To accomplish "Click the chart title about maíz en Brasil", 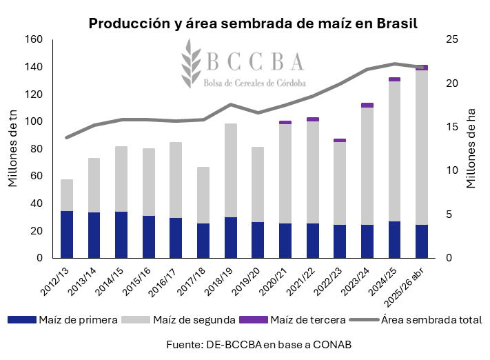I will click(253, 23).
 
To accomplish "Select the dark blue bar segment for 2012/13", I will click(67, 234).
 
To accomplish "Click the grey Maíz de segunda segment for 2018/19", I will click(231, 170).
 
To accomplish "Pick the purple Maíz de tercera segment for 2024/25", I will click(394, 79).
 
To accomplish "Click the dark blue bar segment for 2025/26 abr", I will click(421, 241).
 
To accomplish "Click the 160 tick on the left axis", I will click(34, 39).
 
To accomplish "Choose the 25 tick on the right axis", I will click(452, 39).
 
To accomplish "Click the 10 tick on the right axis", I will click(452, 170).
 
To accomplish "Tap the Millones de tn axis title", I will click(13, 148).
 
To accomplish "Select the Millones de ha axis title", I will click(472, 148).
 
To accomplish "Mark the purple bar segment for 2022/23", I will click(340, 140).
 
